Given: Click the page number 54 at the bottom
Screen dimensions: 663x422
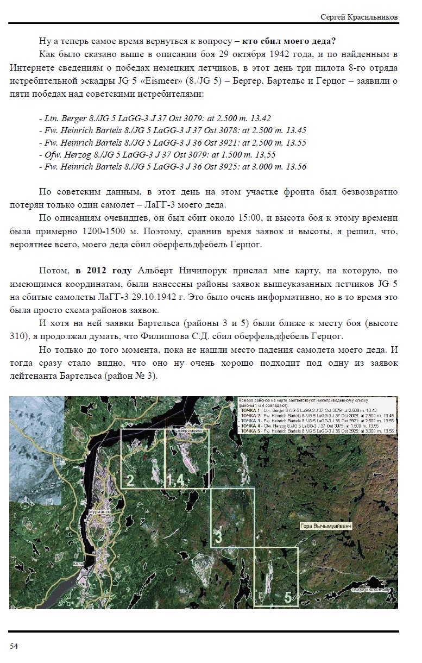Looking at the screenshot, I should coord(14,646).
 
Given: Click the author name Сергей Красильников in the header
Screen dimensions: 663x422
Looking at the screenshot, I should coord(359,17).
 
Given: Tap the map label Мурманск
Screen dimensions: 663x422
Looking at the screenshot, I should coord(99,512).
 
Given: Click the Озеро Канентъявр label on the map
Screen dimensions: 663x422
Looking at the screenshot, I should coord(370,590).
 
